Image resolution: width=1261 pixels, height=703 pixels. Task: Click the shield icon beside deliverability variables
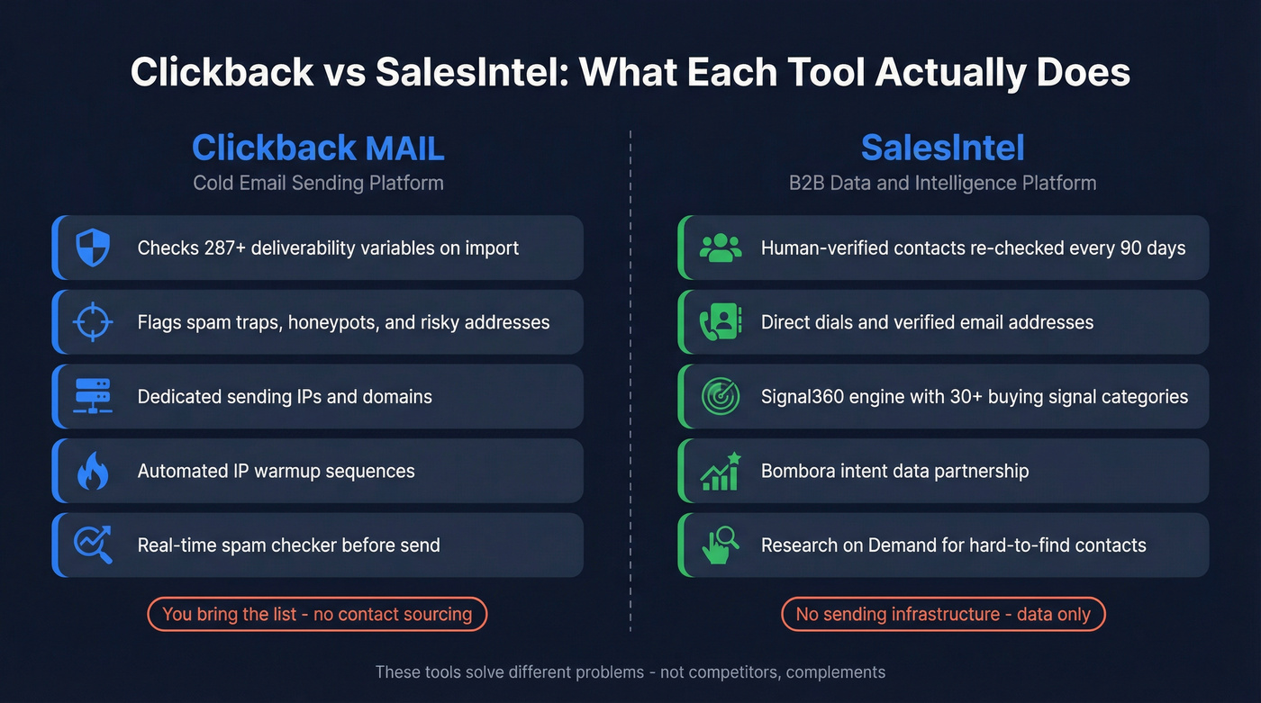(92, 248)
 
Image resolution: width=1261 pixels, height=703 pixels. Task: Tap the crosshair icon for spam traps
(92, 322)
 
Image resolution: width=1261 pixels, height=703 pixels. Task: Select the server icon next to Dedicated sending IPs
(92, 396)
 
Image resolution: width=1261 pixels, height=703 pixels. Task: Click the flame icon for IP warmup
(92, 471)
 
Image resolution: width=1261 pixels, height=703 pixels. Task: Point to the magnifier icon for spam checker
(92, 545)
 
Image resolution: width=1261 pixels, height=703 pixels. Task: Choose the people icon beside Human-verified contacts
(720, 248)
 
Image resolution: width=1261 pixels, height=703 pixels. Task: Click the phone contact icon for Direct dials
(720, 322)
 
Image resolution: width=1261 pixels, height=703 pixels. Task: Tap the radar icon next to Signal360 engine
(720, 396)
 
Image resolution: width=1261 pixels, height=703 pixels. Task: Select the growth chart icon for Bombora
(720, 471)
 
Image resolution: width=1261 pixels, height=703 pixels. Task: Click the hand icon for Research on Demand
(720, 545)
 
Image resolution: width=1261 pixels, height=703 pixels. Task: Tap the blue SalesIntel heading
(942, 148)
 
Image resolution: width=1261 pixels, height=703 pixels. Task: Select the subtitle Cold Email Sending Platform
(318, 183)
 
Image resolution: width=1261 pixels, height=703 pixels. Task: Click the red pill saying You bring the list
(317, 614)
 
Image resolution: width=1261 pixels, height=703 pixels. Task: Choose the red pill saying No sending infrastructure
(942, 614)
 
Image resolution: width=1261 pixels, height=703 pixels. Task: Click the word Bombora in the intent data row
(797, 471)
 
